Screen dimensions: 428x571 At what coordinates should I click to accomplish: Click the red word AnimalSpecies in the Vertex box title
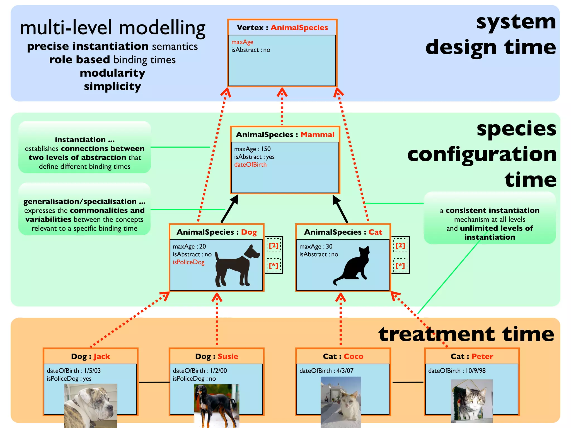(x=299, y=28)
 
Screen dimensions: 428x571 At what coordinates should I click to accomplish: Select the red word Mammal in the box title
(x=317, y=135)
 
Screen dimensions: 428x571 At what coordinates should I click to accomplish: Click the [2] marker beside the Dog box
(x=274, y=245)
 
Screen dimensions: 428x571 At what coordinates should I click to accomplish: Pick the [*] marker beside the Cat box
(x=400, y=266)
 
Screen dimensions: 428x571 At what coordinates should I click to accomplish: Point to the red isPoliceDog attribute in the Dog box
(x=188, y=262)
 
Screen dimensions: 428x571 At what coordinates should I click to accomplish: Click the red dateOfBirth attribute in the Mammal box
(x=250, y=165)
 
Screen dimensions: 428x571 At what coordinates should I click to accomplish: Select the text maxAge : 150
(x=252, y=149)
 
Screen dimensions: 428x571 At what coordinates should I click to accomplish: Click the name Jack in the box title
(x=102, y=356)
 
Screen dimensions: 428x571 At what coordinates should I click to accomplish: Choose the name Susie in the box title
(x=228, y=356)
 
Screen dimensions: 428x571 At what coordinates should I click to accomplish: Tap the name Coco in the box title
(x=353, y=356)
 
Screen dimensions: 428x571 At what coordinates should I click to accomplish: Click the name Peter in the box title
(x=482, y=356)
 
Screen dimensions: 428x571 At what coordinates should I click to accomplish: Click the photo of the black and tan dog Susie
(x=216, y=405)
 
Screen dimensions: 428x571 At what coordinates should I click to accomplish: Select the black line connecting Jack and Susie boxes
(x=154, y=382)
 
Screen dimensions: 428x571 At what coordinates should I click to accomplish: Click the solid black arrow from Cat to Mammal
(x=340, y=209)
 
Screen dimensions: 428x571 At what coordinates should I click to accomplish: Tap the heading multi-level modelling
(x=113, y=28)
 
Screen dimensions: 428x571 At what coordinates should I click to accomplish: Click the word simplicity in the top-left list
(x=112, y=86)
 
